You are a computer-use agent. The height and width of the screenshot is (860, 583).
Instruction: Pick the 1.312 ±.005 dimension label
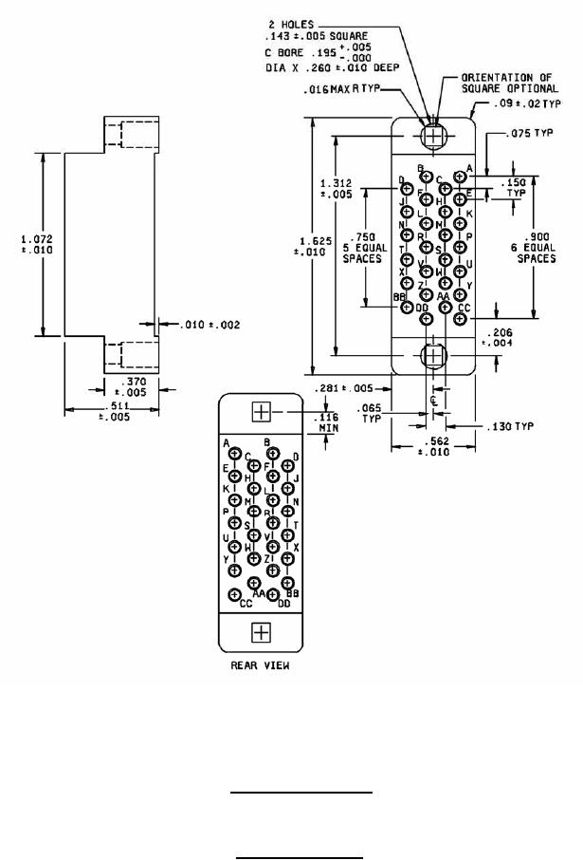(338, 189)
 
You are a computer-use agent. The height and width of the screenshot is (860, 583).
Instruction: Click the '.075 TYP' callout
(530, 134)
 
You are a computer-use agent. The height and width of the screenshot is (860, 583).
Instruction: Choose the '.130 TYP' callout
(510, 426)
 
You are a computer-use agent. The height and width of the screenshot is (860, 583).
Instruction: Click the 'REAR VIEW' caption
(260, 665)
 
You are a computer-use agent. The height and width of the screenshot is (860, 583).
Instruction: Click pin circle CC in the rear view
(234, 594)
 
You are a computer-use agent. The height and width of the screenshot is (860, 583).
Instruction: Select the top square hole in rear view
(261, 413)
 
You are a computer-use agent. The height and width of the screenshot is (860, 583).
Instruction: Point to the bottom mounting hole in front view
(433, 355)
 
